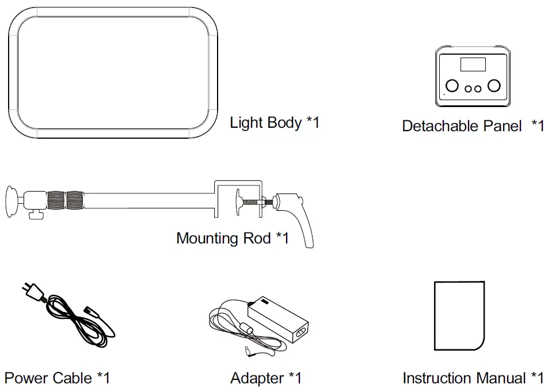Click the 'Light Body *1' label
[275, 123]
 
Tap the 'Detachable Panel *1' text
[472, 126]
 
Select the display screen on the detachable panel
[473, 64]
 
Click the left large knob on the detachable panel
[452, 86]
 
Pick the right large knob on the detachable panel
[493, 86]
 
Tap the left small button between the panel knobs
[468, 89]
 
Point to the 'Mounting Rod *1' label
[233, 238]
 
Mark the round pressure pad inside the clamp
[237, 202]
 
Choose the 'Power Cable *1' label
[57, 378]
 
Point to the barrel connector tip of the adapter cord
[246, 350]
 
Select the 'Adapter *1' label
[266, 378]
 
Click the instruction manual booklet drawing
[459, 316]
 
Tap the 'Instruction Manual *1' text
[473, 378]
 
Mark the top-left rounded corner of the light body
[17, 17]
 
